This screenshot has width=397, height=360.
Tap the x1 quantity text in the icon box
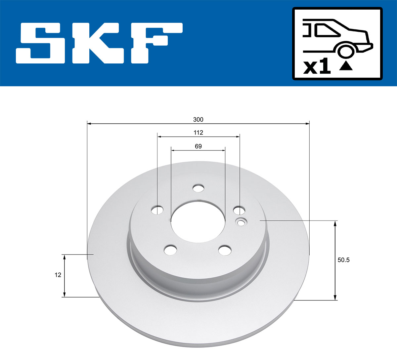317,67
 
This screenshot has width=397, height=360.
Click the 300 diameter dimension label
198,119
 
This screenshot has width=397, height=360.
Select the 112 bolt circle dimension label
198,133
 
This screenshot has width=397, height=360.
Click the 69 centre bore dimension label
198,146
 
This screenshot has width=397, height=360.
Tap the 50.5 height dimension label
343,260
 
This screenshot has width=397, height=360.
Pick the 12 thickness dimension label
58,275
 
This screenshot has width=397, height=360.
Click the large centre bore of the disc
198,221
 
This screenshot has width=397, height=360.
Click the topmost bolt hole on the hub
198,188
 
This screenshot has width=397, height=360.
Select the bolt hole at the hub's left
157,210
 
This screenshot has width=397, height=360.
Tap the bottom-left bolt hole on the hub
171,250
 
